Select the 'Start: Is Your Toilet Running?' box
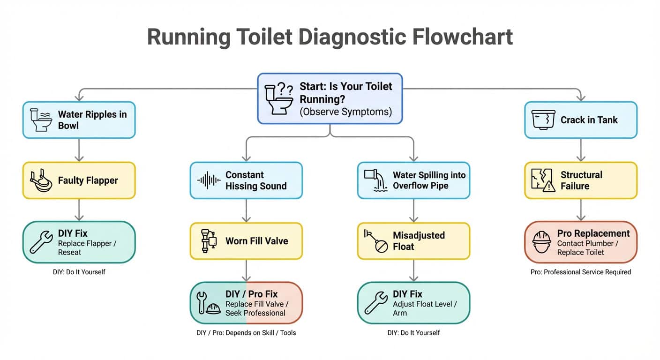tap(330, 98)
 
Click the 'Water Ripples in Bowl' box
tap(79, 120)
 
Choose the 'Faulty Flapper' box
tap(79, 180)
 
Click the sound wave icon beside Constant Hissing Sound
tap(209, 180)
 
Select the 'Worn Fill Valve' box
tap(246, 241)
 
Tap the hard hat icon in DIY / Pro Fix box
tap(214, 309)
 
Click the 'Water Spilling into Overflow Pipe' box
tap(413, 180)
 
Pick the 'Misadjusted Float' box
tap(413, 241)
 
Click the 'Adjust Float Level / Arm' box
tap(413, 303)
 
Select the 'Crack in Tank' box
tap(580, 120)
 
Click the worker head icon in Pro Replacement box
tap(542, 242)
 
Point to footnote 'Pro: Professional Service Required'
tap(580, 272)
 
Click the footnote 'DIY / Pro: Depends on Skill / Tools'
tap(246, 333)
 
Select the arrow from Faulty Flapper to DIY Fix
tap(79, 210)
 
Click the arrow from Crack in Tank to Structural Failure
tap(580, 150)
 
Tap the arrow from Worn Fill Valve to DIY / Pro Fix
tap(246, 270)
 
